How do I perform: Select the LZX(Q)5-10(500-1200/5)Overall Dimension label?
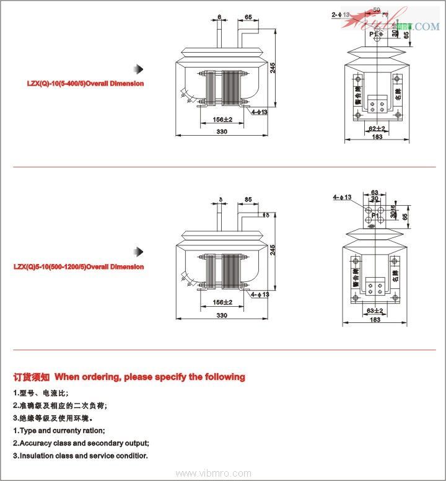point(79,267)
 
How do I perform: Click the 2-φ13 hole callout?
point(340,14)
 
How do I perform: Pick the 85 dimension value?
point(248,200)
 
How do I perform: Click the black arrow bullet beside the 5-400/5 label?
point(140,68)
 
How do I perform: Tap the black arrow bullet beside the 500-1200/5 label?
point(140,251)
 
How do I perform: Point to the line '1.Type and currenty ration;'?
point(59,430)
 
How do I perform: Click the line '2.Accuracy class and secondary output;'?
point(81,443)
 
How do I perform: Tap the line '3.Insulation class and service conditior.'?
point(81,456)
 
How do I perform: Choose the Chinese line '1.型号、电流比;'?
point(41,393)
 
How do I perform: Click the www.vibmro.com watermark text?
point(222,473)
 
